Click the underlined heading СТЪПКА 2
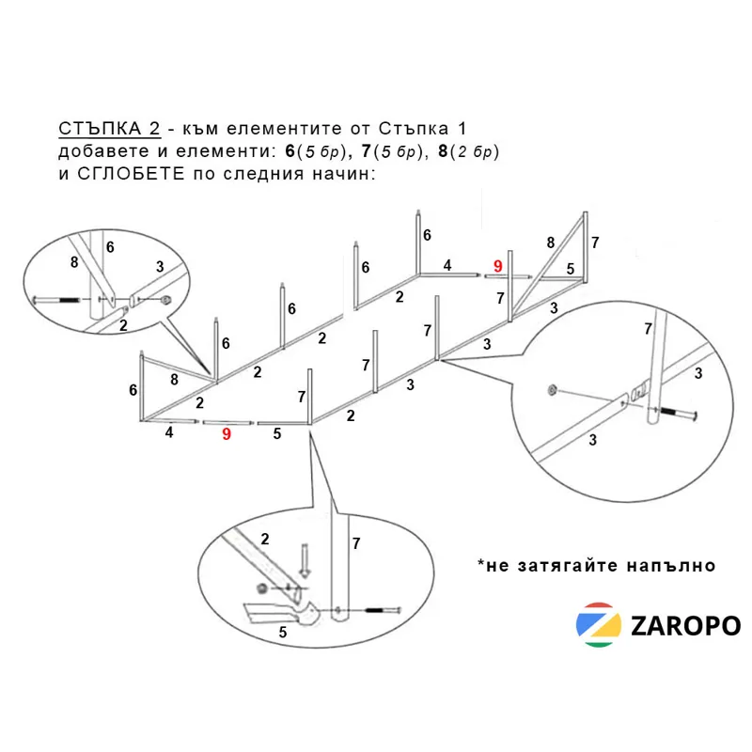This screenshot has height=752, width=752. (x=109, y=129)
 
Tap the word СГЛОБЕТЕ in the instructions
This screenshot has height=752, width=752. (x=131, y=173)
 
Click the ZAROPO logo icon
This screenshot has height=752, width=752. (x=599, y=625)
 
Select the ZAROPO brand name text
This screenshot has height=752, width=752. (x=686, y=626)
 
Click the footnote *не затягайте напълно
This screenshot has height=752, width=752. (x=596, y=566)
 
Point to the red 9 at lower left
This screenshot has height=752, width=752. (x=227, y=434)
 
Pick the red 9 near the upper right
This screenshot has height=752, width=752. (x=498, y=266)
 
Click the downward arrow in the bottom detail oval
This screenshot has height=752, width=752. (x=305, y=560)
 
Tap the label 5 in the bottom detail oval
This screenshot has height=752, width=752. (x=283, y=632)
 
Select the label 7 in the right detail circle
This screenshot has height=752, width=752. (x=648, y=328)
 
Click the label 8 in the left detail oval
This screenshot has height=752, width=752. (x=74, y=262)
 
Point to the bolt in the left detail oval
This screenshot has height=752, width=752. (x=56, y=300)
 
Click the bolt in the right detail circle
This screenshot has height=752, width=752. (x=677, y=412)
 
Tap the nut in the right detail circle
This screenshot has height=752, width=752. (x=552, y=389)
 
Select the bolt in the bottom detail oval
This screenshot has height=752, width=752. (x=383, y=610)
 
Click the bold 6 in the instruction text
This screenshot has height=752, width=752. (x=290, y=151)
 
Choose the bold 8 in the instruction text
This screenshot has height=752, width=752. (x=443, y=151)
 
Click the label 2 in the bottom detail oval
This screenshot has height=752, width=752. (x=265, y=539)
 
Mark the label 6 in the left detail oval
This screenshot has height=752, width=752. (x=110, y=247)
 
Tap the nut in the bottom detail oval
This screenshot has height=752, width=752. (x=262, y=588)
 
